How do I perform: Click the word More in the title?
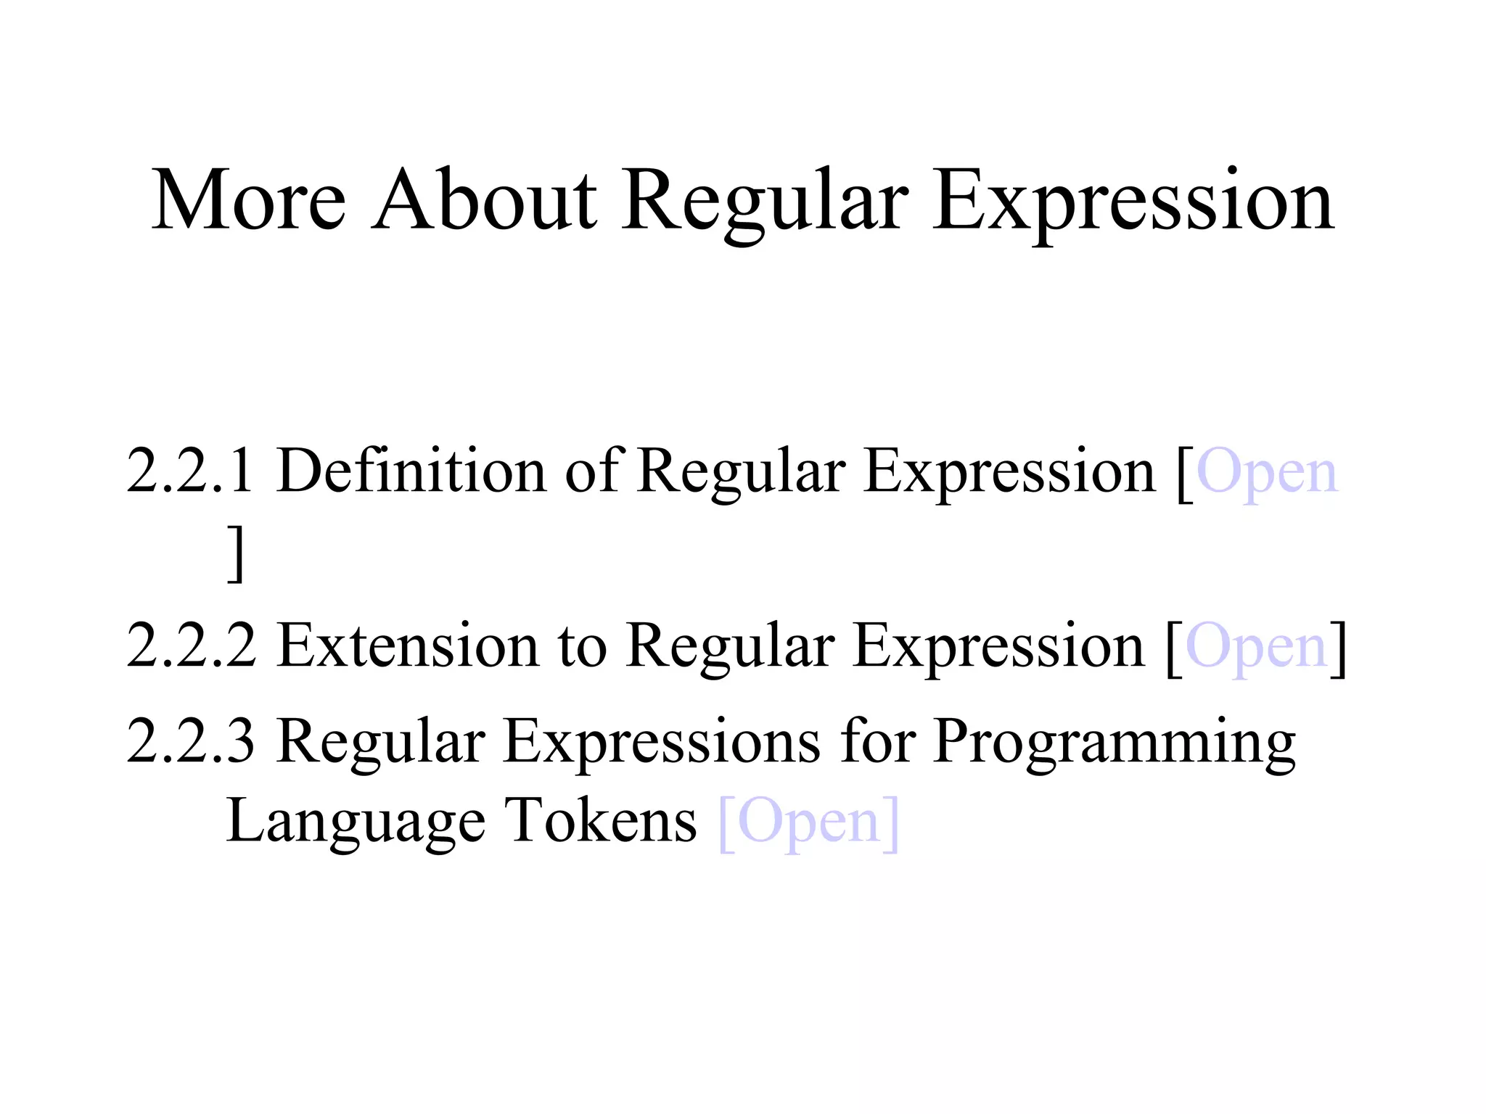248,200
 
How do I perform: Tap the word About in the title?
484,200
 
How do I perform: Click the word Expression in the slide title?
1133,203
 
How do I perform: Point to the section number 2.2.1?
191,472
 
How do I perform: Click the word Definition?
411,472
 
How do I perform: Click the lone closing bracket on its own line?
235,554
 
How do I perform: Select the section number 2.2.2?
191,646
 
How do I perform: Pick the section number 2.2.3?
191,742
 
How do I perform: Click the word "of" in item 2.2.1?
594,472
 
